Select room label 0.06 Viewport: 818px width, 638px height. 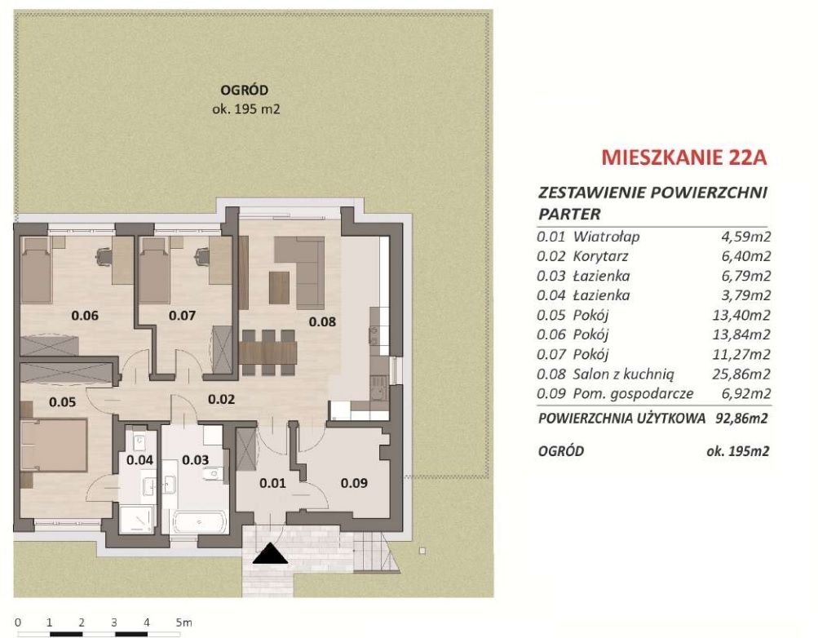coord(85,315)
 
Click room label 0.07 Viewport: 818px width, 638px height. coord(182,315)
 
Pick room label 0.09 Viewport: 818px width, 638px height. coord(354,483)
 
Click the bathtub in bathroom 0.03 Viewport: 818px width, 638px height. coord(199,521)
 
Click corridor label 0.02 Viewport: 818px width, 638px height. coord(221,400)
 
